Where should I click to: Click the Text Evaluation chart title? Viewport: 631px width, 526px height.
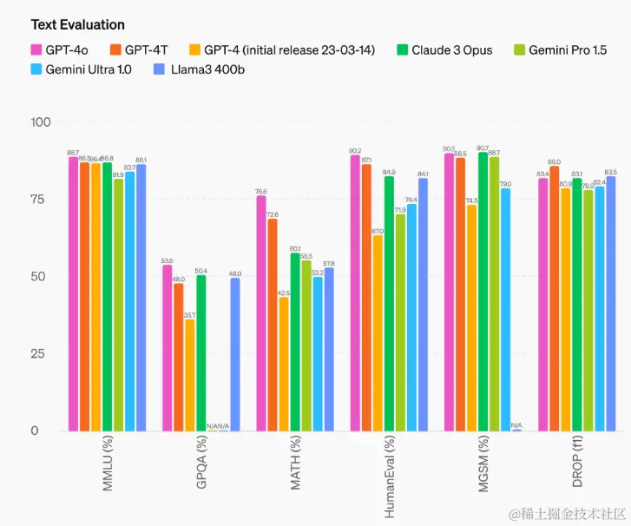77,24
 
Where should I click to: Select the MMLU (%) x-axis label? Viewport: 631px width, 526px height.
108,465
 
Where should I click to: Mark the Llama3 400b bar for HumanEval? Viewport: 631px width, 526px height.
423,305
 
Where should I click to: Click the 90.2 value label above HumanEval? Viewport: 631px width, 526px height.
355,150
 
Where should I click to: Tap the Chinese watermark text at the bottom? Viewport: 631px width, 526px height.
568,514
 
